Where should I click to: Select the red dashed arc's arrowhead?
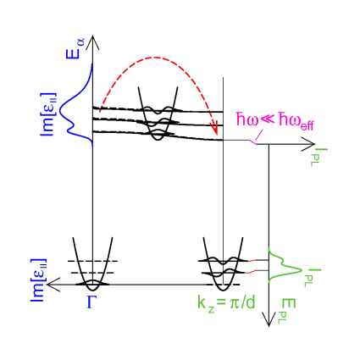point(215,130)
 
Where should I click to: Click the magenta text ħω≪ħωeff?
point(275,122)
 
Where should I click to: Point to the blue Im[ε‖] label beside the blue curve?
point(48,114)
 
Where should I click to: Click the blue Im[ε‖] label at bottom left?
point(38,280)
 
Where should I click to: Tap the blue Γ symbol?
point(91,302)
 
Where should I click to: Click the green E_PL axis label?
point(289,311)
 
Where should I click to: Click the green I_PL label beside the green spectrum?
point(313,278)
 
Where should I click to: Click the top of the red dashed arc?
point(156,58)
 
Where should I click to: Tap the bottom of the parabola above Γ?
point(92,290)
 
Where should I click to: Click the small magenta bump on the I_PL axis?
point(254,142)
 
